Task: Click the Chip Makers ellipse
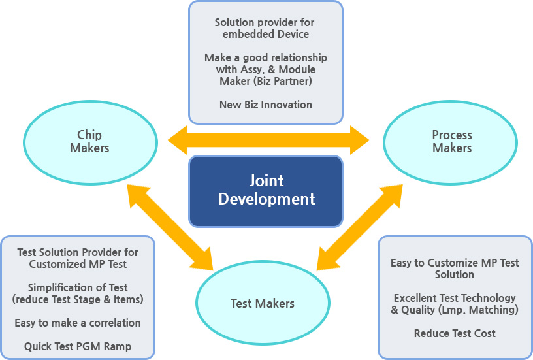[x=90, y=142]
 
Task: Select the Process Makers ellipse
[x=451, y=142]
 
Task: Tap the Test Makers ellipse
[x=263, y=303]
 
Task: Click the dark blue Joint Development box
[x=266, y=190]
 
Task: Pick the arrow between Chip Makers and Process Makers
[x=268, y=140]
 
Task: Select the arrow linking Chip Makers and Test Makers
[x=170, y=227]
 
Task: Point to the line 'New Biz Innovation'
[x=266, y=105]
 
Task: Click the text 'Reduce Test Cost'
[x=455, y=333]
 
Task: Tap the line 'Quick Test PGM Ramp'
[x=78, y=346]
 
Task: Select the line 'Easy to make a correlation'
[x=78, y=323]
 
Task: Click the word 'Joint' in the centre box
[x=266, y=181]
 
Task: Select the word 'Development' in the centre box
[x=266, y=199]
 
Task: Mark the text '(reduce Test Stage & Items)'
[x=78, y=299]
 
